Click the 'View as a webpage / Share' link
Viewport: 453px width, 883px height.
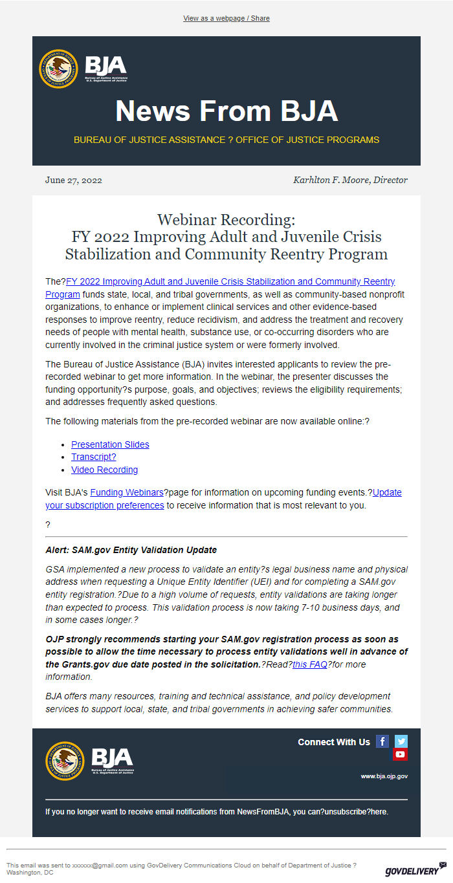point(226,18)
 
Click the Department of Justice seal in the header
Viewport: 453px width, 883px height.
point(58,69)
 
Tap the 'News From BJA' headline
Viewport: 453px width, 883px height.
point(226,111)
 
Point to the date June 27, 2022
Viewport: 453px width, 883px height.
point(73,180)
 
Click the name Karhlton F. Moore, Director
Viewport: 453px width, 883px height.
point(350,180)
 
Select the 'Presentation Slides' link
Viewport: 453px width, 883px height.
point(110,444)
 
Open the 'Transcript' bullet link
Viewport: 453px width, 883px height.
point(93,457)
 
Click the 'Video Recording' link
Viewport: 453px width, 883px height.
point(104,470)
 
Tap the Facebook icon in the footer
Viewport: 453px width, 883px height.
point(382,741)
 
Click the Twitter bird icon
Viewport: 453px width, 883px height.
point(401,741)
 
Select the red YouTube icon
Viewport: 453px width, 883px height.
point(400,754)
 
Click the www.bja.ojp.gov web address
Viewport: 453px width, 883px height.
point(384,776)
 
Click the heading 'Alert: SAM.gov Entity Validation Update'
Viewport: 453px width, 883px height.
point(131,550)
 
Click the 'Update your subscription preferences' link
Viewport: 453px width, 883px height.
point(104,505)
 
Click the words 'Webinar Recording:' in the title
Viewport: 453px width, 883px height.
point(226,220)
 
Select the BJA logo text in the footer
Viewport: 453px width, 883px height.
point(112,759)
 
